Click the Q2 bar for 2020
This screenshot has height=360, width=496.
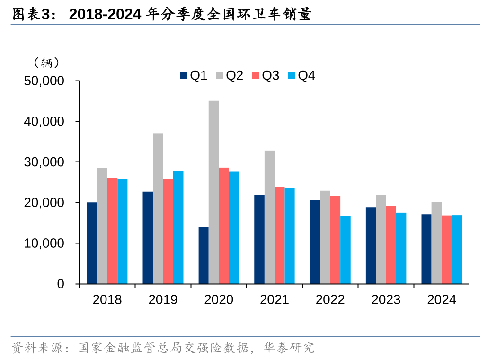[214, 192]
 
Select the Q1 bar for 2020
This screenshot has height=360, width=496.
[204, 255]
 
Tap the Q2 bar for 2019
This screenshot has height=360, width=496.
[158, 208]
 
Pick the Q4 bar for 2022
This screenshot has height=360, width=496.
[345, 250]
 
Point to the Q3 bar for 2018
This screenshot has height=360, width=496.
[112, 231]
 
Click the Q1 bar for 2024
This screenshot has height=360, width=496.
[426, 249]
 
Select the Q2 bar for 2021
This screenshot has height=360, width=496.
[269, 217]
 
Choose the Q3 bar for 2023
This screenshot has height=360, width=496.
[391, 244]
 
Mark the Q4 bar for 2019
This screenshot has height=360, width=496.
[178, 227]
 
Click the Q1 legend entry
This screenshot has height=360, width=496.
[194, 75]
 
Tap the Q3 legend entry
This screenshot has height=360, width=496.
[266, 75]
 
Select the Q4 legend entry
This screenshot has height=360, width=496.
[302, 75]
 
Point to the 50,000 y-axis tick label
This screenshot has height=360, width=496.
[44, 81]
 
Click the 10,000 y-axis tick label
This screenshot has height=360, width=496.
[44, 243]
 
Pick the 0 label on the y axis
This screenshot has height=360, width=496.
[61, 284]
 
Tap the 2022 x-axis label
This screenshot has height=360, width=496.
[330, 300]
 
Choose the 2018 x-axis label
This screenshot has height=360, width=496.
[107, 300]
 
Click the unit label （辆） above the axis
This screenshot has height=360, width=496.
[46, 62]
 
